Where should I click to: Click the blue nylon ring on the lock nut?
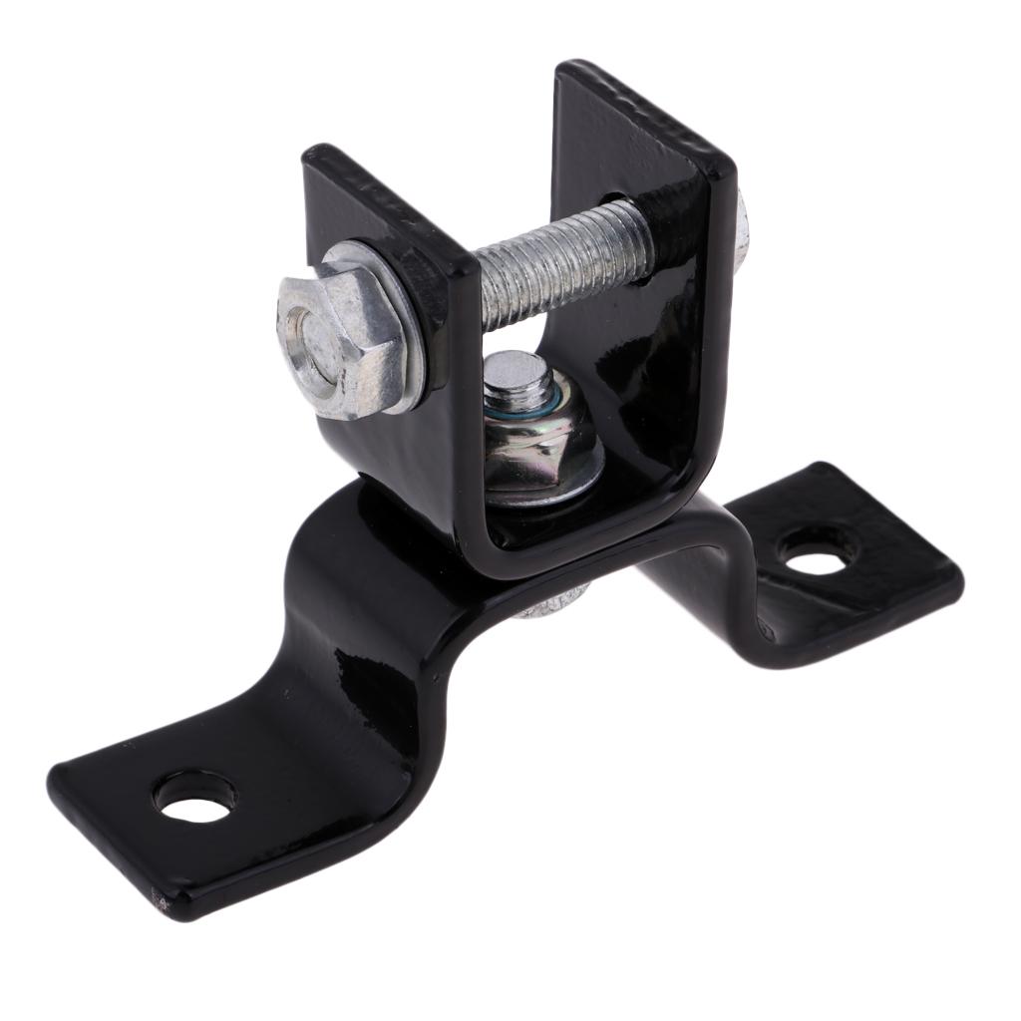point(518,404)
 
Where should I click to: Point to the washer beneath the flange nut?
point(543,489)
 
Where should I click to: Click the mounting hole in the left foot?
point(194,799)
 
